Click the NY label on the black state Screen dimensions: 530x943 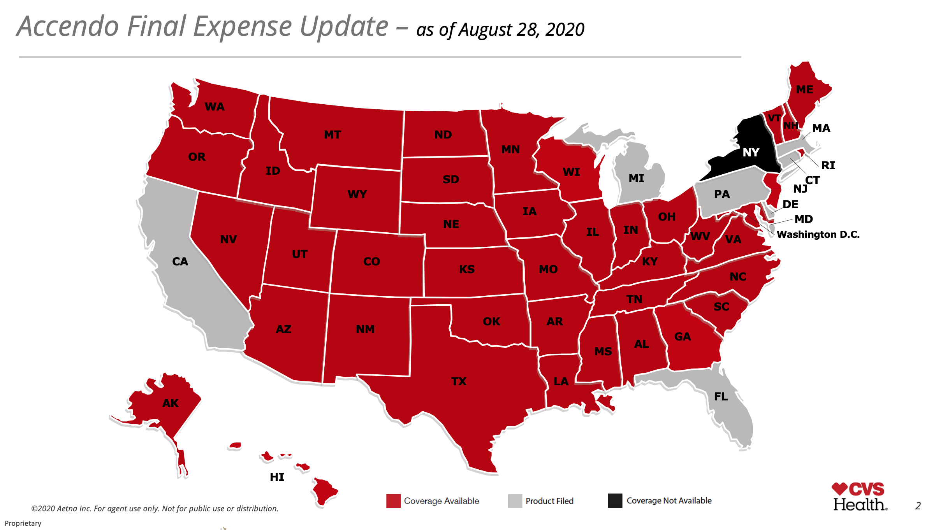pyautogui.click(x=751, y=153)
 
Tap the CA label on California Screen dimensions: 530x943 pyautogui.click(x=180, y=261)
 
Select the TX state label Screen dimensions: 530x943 pyautogui.click(x=459, y=381)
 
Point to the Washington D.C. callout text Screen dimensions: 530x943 pyautogui.click(x=818, y=235)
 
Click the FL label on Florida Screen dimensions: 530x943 pyautogui.click(x=721, y=397)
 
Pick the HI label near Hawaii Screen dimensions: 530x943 pyautogui.click(x=277, y=477)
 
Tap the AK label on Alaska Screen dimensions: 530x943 pyautogui.click(x=171, y=403)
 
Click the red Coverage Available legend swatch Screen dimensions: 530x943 pyautogui.click(x=393, y=501)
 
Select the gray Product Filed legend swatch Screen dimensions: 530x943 pyautogui.click(x=515, y=501)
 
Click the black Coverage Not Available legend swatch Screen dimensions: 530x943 pyautogui.click(x=615, y=501)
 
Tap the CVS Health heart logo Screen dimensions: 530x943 pyautogui.click(x=839, y=489)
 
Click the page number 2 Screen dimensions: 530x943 pyautogui.click(x=918, y=506)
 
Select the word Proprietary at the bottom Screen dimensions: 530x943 pyautogui.click(x=23, y=523)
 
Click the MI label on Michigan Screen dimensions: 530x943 pyautogui.click(x=636, y=178)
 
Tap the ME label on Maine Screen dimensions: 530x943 pyautogui.click(x=804, y=90)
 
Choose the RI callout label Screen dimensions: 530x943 pyautogui.click(x=828, y=165)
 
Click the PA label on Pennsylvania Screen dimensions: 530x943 pyautogui.click(x=722, y=194)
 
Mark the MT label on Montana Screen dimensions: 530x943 pyautogui.click(x=332, y=135)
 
